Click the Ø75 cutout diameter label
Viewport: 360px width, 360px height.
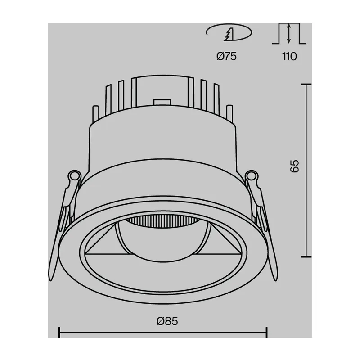(x=226, y=56)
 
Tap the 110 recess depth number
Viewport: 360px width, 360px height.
(x=289, y=57)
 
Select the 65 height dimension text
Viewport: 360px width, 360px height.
(x=295, y=166)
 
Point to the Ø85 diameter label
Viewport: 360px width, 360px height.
(x=167, y=321)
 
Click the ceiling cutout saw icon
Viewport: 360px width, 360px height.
(x=229, y=32)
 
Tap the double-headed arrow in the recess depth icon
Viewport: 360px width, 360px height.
(x=289, y=33)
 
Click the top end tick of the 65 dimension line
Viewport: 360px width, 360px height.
(x=306, y=85)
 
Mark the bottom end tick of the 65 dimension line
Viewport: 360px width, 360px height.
(x=306, y=256)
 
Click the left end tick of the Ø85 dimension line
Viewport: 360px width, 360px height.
(x=59, y=332)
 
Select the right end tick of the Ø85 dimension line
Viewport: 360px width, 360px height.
(x=266, y=332)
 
